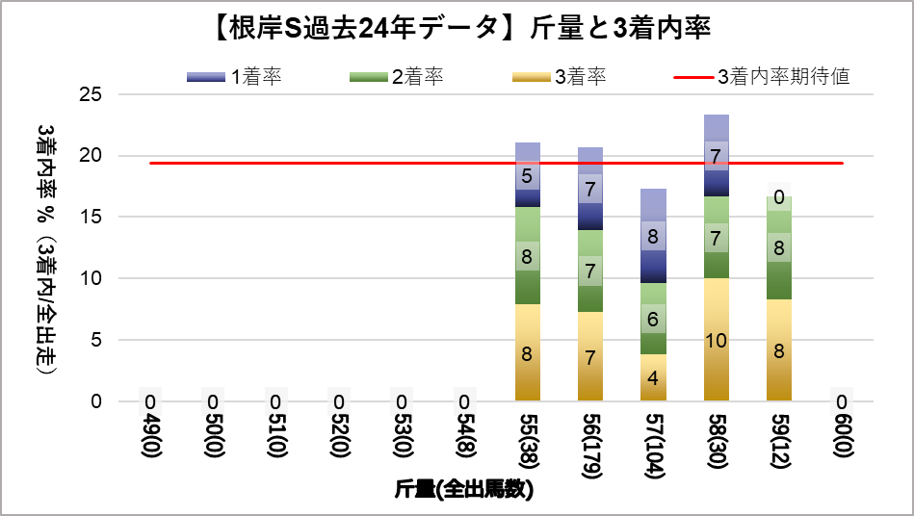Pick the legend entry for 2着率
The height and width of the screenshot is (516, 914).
click(399, 77)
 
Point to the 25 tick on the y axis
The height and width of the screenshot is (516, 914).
click(90, 94)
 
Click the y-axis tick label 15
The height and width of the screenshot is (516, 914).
click(90, 217)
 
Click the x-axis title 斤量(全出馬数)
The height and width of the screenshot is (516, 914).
click(464, 489)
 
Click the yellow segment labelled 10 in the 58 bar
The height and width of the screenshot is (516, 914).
click(716, 339)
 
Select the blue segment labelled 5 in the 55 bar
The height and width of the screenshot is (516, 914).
click(527, 175)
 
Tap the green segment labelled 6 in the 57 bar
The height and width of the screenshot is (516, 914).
click(653, 319)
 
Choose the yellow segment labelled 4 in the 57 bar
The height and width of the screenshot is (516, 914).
click(653, 377)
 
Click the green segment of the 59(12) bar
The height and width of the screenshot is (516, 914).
click(779, 248)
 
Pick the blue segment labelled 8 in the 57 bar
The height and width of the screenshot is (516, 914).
click(653, 236)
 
